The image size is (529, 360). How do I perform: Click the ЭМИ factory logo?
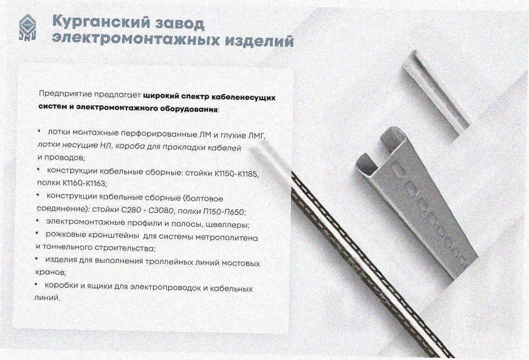[x=27, y=28]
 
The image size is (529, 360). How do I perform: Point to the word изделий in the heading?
[x=259, y=40]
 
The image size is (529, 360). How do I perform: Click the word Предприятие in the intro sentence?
[x=65, y=94]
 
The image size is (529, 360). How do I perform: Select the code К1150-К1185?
[x=236, y=174]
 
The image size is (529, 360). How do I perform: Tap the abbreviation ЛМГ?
[x=257, y=136]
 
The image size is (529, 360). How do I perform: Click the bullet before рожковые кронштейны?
[x=37, y=233]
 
